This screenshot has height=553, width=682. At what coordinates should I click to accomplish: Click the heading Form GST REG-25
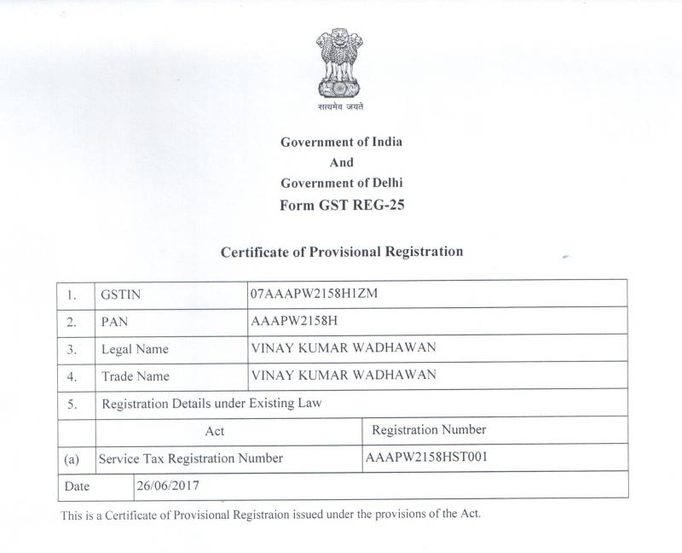point(341,204)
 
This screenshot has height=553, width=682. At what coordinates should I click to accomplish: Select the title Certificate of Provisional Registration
point(341,252)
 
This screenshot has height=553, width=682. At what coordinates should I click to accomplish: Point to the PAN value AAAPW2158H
point(291,322)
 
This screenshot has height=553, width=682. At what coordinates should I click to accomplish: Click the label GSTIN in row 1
point(120,294)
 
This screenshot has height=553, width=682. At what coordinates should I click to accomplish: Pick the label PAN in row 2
point(114,323)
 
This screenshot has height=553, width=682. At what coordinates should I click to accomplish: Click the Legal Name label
point(134,349)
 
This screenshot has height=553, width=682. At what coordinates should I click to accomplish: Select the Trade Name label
point(135,376)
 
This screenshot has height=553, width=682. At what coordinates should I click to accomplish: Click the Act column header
point(215,431)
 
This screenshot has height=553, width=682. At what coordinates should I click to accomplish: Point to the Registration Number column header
point(429,429)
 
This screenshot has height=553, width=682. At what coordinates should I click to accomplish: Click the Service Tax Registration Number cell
point(191,458)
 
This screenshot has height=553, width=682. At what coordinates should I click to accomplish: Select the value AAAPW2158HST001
point(426,457)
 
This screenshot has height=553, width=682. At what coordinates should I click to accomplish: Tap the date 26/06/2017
point(169,484)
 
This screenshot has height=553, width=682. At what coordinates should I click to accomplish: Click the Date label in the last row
point(78,485)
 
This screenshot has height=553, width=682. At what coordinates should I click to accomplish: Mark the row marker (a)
point(72,459)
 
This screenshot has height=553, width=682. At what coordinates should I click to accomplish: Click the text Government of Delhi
point(341,183)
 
